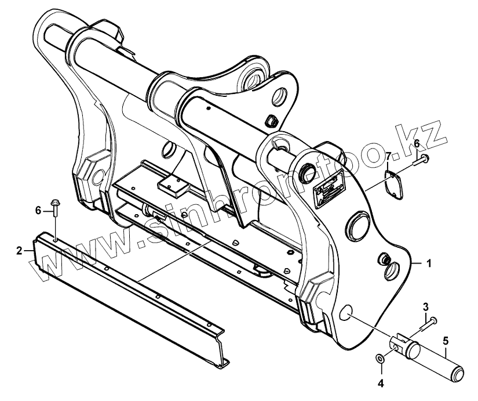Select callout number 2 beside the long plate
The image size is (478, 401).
[x=19, y=251]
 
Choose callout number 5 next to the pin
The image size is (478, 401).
[x=446, y=341]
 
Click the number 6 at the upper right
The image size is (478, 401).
[x=416, y=143]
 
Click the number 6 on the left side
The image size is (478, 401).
[x=39, y=210]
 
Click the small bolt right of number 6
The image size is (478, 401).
[x=422, y=159]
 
